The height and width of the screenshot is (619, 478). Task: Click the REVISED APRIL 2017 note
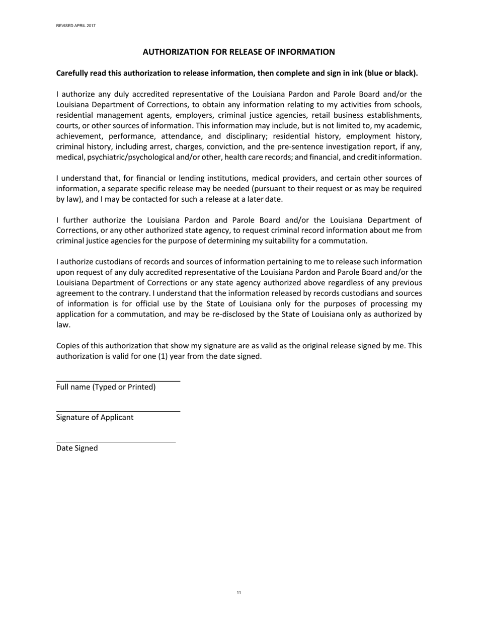(x=76, y=26)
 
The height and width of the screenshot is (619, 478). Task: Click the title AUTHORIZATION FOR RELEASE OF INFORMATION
(x=238, y=52)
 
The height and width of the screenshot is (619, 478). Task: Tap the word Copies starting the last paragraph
(x=68, y=346)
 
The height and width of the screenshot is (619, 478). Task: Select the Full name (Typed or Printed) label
(x=106, y=387)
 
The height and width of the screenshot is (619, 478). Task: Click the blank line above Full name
(x=118, y=381)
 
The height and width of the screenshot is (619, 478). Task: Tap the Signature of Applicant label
(x=95, y=417)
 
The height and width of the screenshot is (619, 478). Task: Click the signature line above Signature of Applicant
(x=118, y=411)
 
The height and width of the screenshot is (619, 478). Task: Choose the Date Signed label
(x=77, y=448)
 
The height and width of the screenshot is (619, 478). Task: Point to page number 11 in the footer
(x=238, y=593)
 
